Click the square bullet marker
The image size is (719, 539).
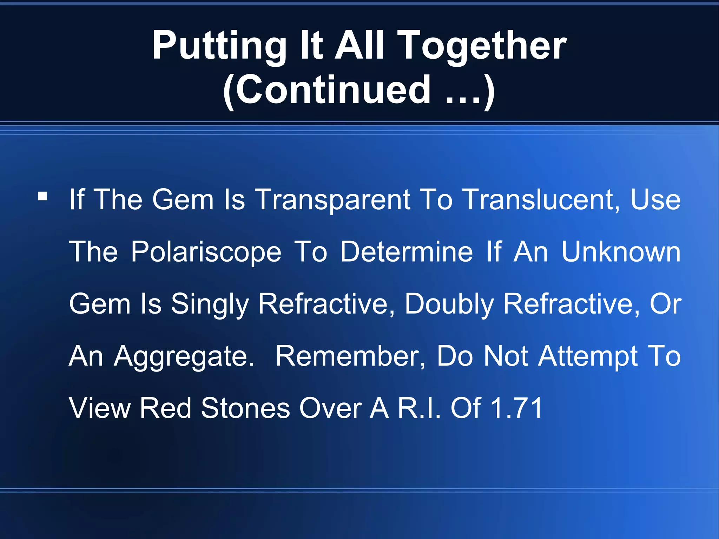pos(42,196)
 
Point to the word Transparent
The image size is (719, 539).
pos(332,200)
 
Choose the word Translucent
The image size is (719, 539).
pos(541,200)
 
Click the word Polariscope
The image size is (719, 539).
pos(206,252)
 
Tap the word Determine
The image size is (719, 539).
pos(407,252)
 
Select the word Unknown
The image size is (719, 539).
pos(621,252)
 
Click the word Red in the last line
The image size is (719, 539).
pos(165,408)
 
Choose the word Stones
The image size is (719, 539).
pos(245,408)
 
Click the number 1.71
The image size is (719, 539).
pos(516,408)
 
